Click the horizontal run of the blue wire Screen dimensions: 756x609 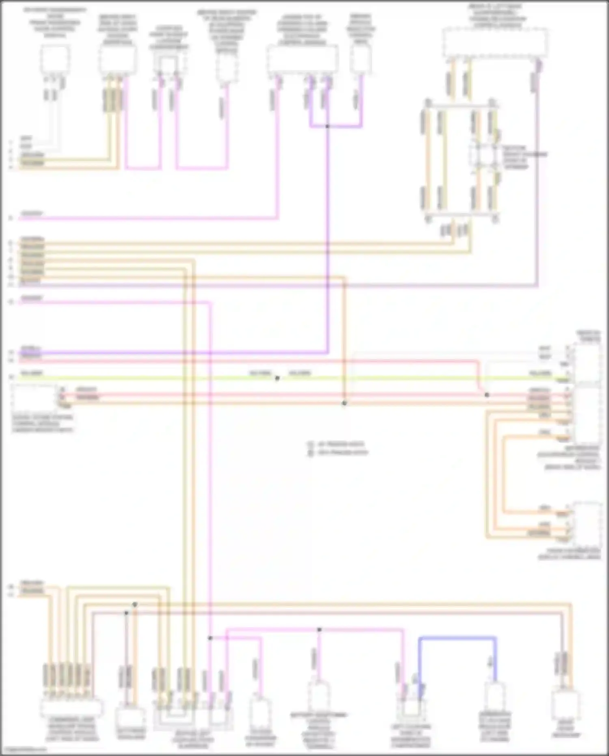point(457,638)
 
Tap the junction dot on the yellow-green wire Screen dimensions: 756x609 point(277,378)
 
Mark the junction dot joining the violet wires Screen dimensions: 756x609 point(327,126)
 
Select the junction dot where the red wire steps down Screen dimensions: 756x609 point(487,395)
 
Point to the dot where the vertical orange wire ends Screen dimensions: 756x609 point(344,403)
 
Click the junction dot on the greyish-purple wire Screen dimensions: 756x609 point(126,613)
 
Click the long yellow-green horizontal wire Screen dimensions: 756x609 point(162,378)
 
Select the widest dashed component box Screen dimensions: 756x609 point(495,42)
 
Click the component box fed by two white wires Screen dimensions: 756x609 point(55,60)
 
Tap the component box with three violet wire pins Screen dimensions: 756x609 point(302,61)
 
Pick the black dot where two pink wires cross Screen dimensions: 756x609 point(319,630)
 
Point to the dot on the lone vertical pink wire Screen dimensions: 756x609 point(210,638)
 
